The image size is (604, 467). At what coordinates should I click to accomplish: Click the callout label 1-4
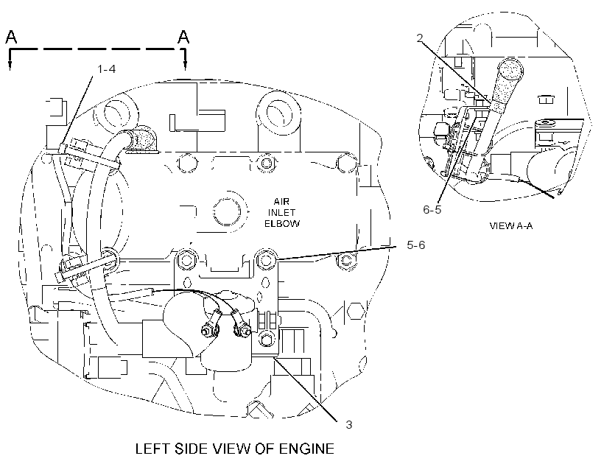click(x=106, y=69)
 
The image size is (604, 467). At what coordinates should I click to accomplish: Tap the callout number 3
click(x=348, y=424)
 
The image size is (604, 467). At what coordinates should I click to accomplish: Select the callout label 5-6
click(x=416, y=245)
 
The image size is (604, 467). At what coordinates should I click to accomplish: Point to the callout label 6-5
click(x=432, y=210)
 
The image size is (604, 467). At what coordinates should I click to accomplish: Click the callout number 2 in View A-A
click(x=420, y=38)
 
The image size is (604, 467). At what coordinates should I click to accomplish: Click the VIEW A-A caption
click(x=511, y=226)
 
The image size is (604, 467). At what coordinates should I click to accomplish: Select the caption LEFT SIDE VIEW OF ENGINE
click(x=234, y=449)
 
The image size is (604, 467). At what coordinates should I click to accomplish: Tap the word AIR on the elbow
click(x=281, y=202)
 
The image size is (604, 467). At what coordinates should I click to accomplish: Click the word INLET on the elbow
click(x=281, y=212)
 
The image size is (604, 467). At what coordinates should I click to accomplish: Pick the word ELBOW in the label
click(x=282, y=223)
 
